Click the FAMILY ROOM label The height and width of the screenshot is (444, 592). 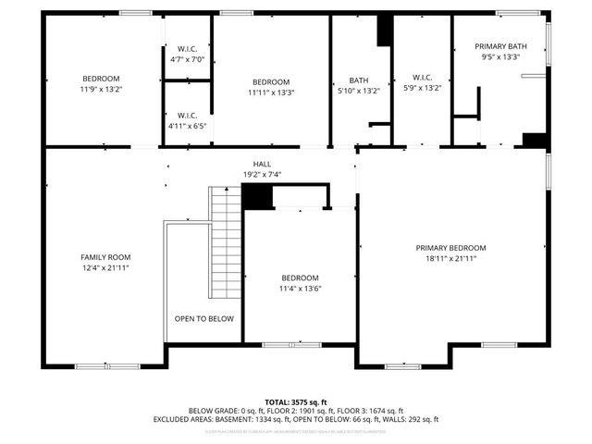click(105, 257)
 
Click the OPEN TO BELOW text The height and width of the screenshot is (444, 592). click(204, 318)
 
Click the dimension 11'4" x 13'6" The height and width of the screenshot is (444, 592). click(301, 289)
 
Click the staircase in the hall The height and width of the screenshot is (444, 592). click(226, 240)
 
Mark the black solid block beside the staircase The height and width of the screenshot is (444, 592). click(256, 196)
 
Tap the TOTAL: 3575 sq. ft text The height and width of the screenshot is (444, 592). click(296, 402)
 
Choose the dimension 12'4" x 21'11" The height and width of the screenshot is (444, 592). click(105, 268)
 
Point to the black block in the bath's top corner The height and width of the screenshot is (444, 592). click(384, 31)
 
